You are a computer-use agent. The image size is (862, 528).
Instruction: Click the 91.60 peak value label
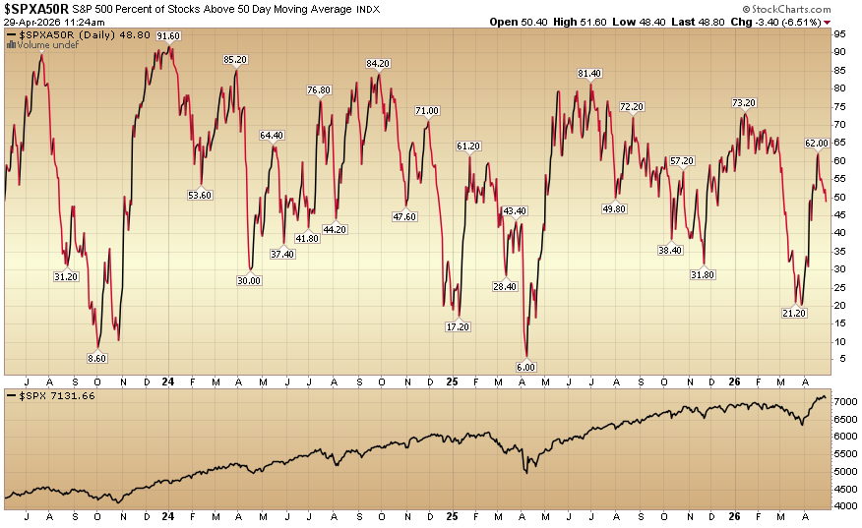coord(168,35)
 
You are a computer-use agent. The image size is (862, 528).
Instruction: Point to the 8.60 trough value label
coord(96,360)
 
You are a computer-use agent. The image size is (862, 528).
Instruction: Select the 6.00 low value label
coord(525,367)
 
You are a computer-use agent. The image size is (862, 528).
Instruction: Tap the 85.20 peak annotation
coord(235,60)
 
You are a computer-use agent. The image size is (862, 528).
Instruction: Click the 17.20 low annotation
coord(458,326)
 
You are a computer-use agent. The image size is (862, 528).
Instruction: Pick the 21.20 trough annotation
coord(793,313)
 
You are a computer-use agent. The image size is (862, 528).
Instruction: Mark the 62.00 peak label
coord(817,144)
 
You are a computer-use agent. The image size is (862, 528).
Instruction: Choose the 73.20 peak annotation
coord(743,103)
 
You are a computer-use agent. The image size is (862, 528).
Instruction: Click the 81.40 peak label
coord(589,74)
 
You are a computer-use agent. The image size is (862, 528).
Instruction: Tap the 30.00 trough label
coord(249,280)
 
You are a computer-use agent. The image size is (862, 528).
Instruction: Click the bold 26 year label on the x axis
coord(734,381)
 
